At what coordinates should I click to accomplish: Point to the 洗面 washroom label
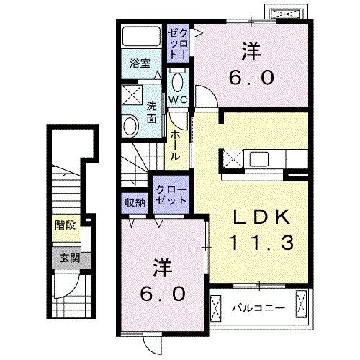pyautogui.click(x=152, y=112)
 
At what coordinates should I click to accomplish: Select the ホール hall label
pyautogui.click(x=176, y=143)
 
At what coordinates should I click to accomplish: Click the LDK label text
pyautogui.click(x=261, y=216)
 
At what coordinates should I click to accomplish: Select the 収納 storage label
pyautogui.click(x=134, y=202)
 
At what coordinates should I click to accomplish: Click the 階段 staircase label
pyautogui.click(x=65, y=225)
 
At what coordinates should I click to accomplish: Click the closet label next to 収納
pyautogui.click(x=170, y=195)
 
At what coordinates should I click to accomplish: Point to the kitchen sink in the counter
pyautogui.click(x=260, y=158)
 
